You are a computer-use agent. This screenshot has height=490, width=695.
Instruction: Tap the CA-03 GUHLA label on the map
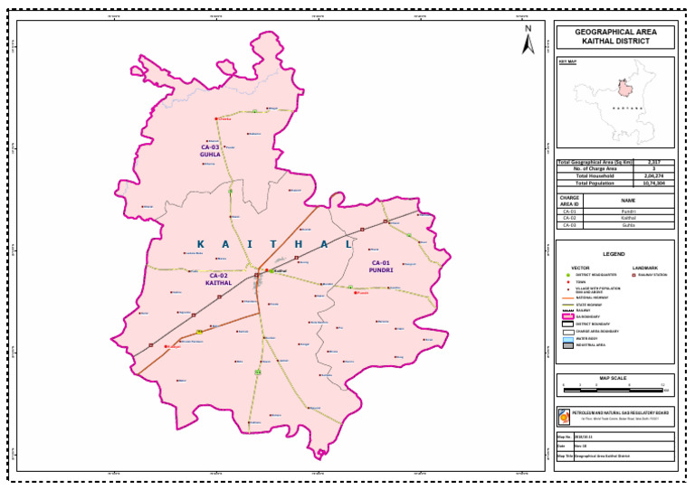click(210, 151)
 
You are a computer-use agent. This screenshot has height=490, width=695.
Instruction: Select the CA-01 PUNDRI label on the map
click(381, 266)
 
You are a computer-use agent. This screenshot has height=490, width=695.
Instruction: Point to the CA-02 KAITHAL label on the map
click(219, 279)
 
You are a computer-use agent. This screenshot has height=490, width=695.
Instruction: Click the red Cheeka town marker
click(216, 118)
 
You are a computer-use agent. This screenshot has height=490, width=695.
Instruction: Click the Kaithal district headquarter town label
click(280, 270)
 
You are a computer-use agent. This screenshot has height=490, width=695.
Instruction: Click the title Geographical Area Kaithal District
click(614, 37)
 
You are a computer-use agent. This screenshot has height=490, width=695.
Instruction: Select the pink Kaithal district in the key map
click(623, 88)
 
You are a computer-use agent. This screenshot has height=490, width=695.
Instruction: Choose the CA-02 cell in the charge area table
click(569, 218)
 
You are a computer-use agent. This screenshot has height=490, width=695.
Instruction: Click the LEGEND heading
click(614, 254)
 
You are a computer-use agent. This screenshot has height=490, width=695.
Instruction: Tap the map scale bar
click(614, 388)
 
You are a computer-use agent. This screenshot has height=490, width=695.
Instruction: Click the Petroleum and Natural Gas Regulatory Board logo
click(566, 417)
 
